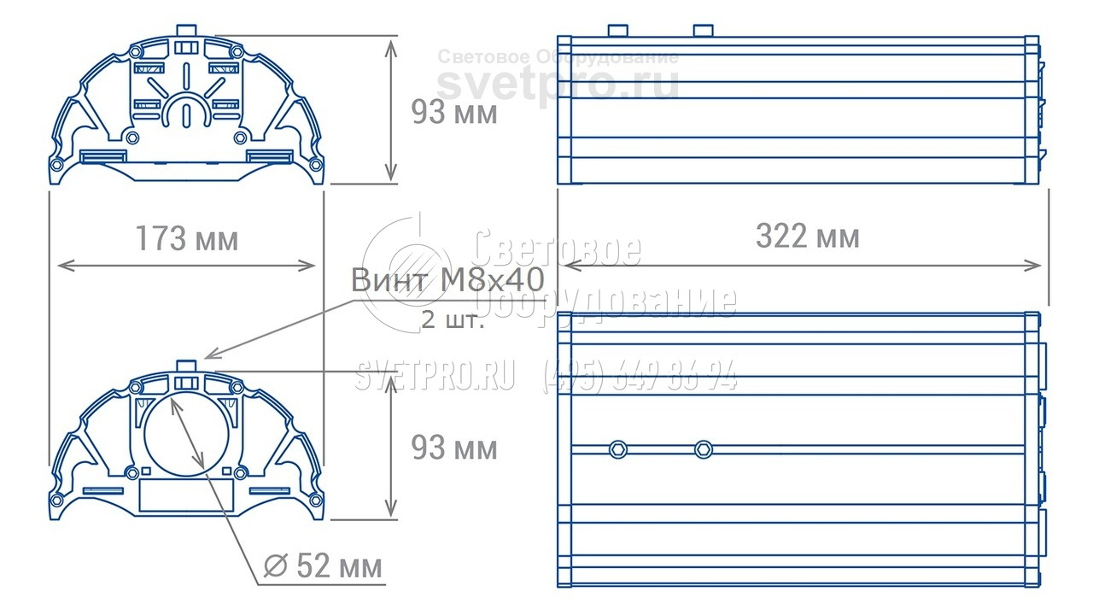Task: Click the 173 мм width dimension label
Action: (x=187, y=238)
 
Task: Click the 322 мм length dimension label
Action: (x=808, y=237)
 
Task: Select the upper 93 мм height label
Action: (x=454, y=112)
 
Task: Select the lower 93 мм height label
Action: (x=454, y=448)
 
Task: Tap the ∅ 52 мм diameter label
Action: (x=323, y=566)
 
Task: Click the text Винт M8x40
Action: (x=447, y=279)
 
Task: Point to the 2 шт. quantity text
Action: (x=453, y=320)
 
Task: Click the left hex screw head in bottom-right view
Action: (x=618, y=449)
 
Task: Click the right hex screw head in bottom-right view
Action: (x=704, y=449)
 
